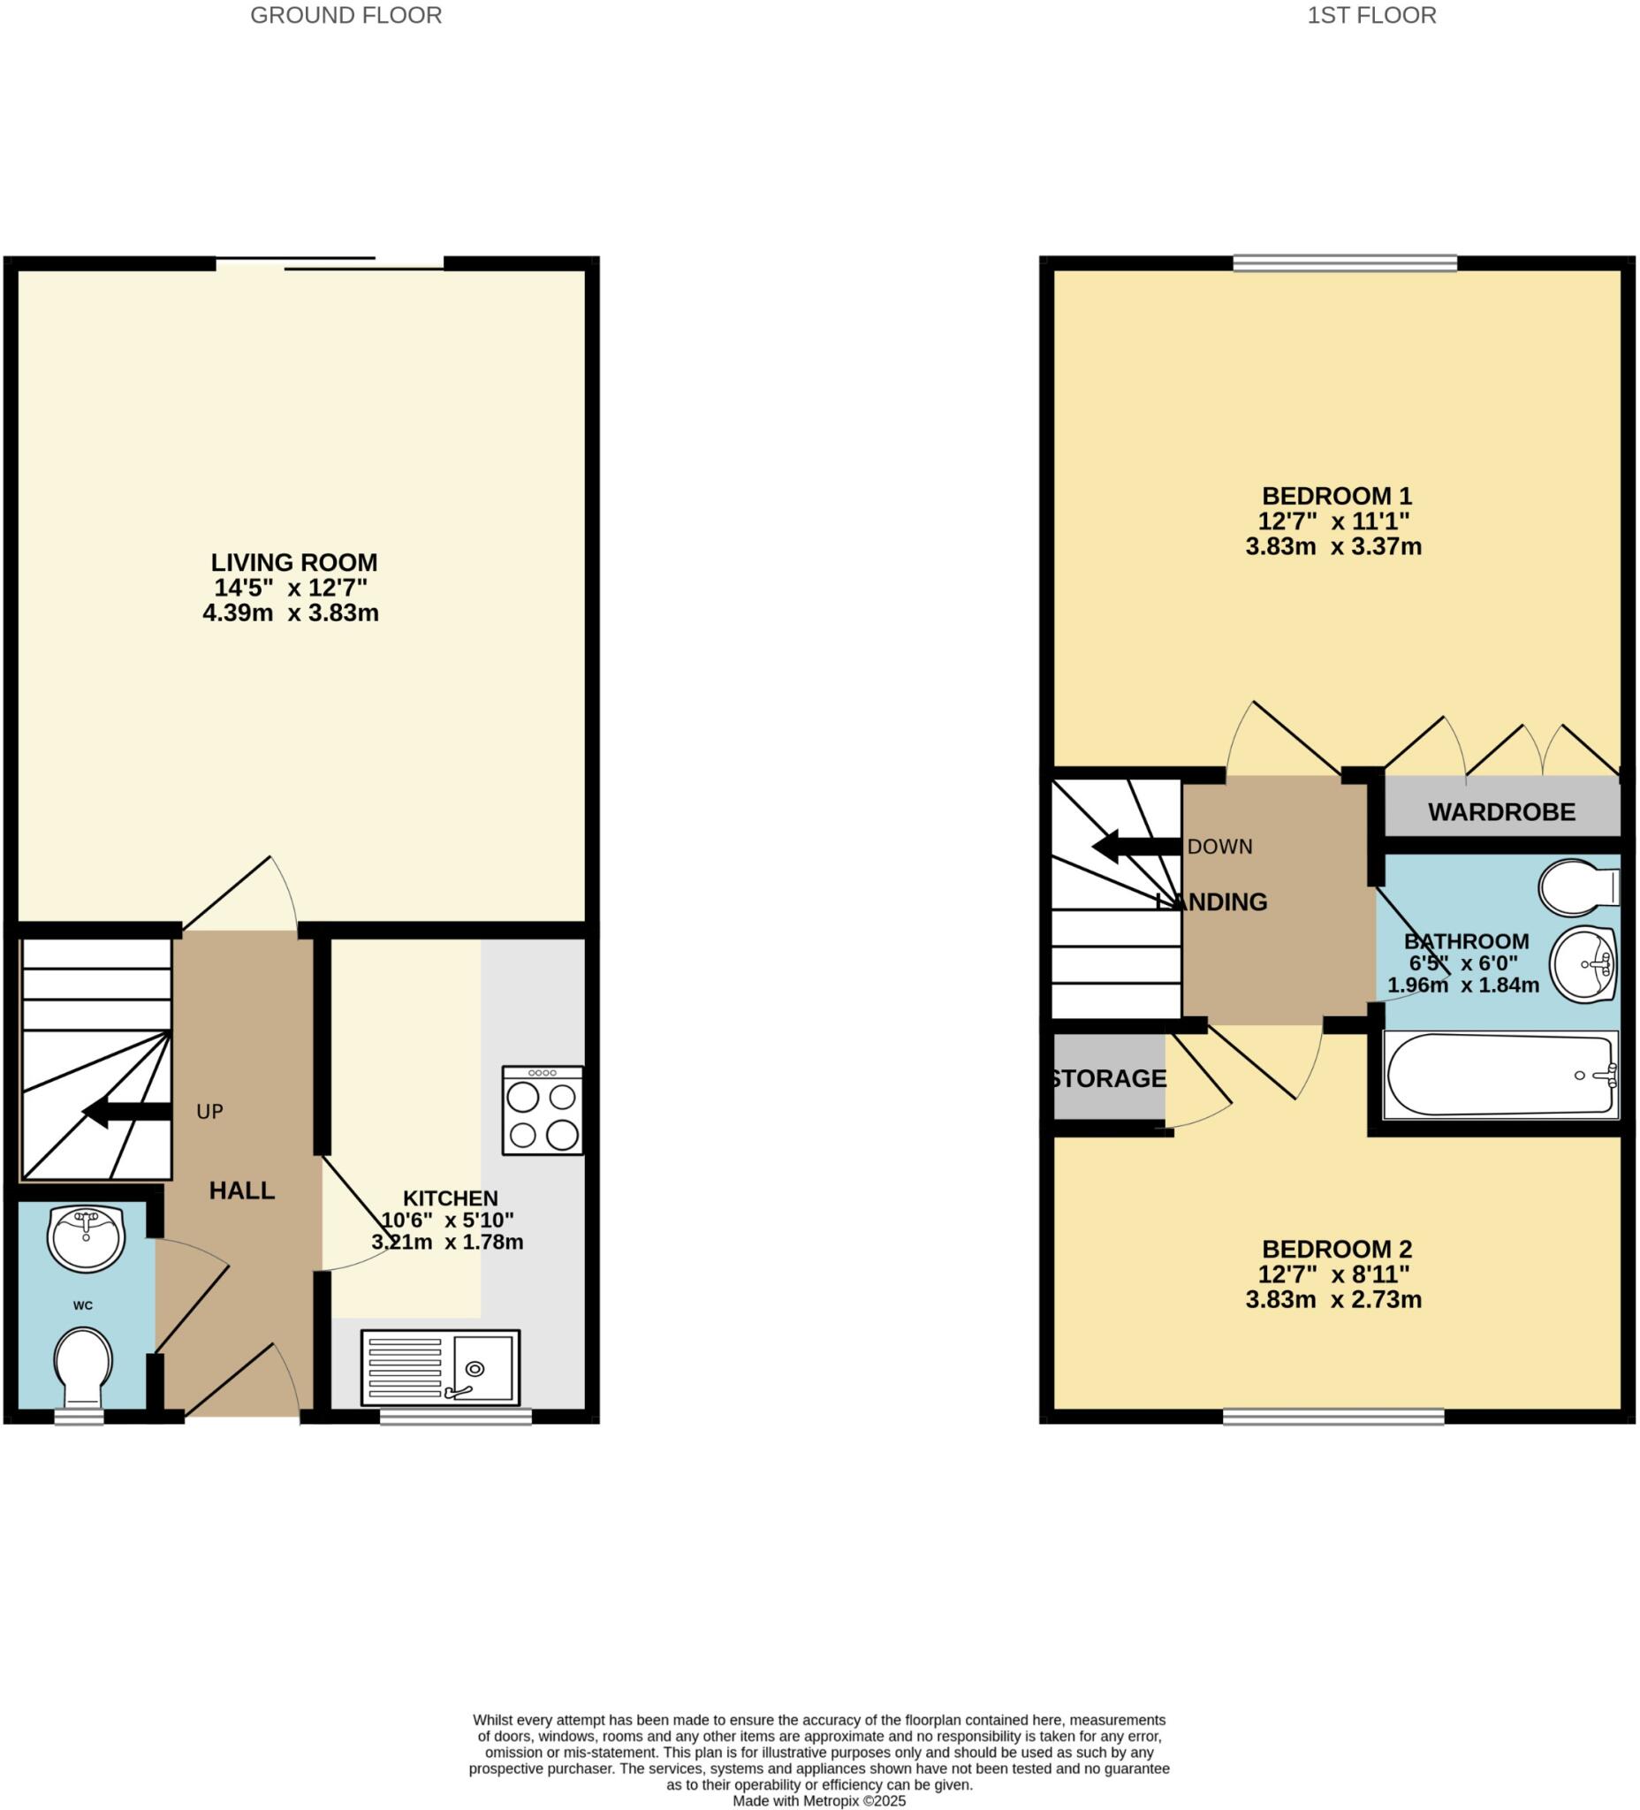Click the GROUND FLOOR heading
[345, 15]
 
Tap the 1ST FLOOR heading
[1370, 15]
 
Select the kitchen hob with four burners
[543, 1110]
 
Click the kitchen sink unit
[440, 1367]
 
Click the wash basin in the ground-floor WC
[87, 1238]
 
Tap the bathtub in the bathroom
[1500, 1075]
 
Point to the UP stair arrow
[126, 1112]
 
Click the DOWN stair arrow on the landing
[1135, 846]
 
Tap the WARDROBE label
[1501, 811]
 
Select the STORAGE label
[1109, 1078]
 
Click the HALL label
[241, 1190]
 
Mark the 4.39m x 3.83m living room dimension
[290, 613]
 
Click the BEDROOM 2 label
[1336, 1249]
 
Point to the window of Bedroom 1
[1344, 262]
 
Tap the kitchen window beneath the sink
[455, 1417]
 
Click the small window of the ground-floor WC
[79, 1417]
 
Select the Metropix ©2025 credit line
[818, 1800]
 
